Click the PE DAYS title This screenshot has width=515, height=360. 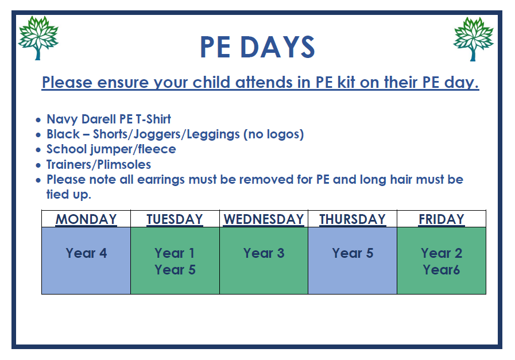[x=257, y=47]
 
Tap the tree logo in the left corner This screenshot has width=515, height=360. [x=38, y=38]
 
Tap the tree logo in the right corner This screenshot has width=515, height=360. [x=473, y=39]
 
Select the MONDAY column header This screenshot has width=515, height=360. [x=86, y=219]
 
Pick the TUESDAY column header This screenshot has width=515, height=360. [x=175, y=219]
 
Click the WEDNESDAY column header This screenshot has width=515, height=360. [x=264, y=219]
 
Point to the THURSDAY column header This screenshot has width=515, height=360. [x=353, y=219]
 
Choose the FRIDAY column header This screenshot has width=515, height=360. [x=442, y=219]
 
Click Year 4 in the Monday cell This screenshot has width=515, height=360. [x=86, y=253]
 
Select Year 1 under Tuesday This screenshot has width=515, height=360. [x=175, y=253]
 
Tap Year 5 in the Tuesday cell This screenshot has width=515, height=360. [x=175, y=270]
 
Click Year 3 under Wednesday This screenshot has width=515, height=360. [x=264, y=253]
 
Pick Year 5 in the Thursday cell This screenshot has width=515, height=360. [x=353, y=253]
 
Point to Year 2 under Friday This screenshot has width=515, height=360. [x=442, y=253]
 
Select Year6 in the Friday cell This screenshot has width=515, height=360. [x=442, y=270]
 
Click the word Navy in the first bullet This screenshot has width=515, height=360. [x=63, y=119]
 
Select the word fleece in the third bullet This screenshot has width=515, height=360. [x=157, y=149]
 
